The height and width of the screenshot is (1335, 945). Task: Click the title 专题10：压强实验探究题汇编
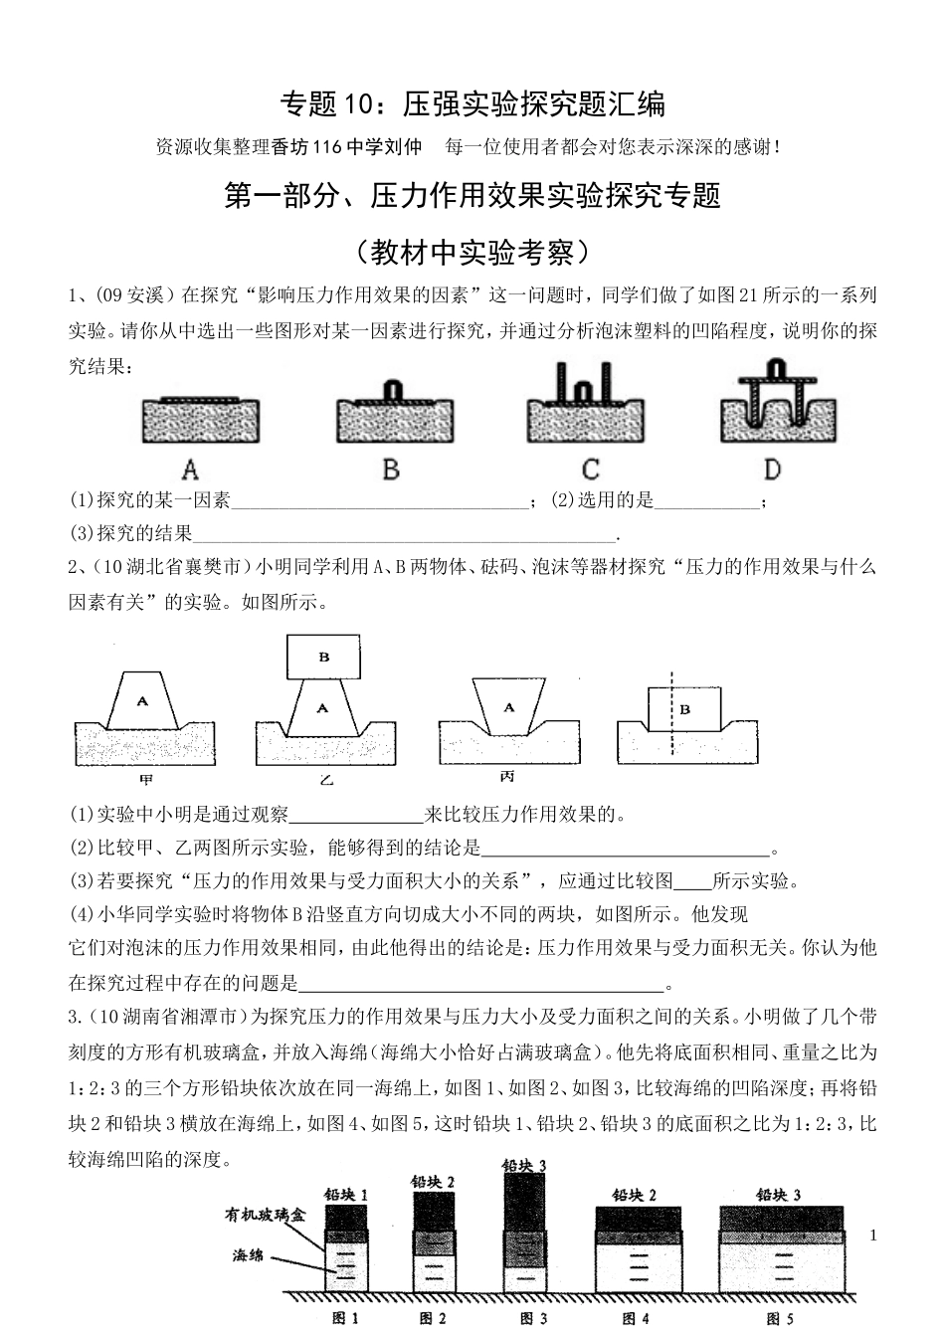pos(472,102)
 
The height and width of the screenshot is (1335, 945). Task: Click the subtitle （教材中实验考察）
pos(472,252)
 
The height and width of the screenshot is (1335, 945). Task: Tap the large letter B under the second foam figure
pos(391,469)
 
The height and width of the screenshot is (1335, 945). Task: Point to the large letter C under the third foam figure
pos(590,469)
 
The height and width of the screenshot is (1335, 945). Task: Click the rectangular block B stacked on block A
pos(324,657)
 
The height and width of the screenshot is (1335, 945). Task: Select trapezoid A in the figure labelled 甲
pos(143,701)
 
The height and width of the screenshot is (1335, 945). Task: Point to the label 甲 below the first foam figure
pos(145,779)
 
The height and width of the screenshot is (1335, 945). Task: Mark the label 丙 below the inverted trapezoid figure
pos(508,777)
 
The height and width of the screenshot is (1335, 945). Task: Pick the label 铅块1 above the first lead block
pos(345,1195)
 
